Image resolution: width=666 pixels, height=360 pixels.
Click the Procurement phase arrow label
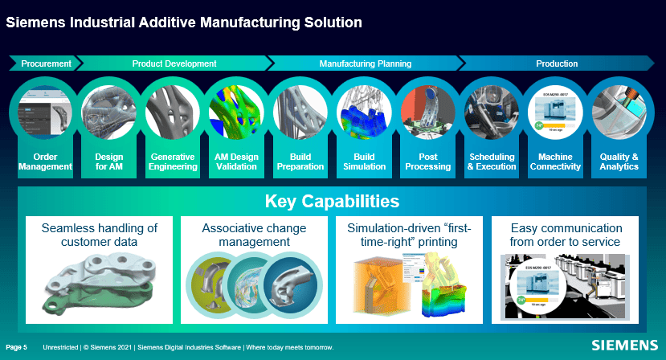pyautogui.click(x=46, y=63)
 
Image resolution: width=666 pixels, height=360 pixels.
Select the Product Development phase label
pyautogui.click(x=174, y=63)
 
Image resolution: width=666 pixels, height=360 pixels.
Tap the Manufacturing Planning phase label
pyautogui.click(x=365, y=63)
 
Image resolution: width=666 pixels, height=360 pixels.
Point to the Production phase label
pyautogui.click(x=557, y=63)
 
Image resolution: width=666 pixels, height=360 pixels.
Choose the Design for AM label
pyautogui.click(x=108, y=162)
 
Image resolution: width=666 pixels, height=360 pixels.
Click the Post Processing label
pyautogui.click(x=428, y=162)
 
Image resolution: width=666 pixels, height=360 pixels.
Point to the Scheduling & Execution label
pyautogui.click(x=492, y=162)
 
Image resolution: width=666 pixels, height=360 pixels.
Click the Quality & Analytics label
pyautogui.click(x=619, y=162)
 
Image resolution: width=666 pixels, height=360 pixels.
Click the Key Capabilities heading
pyautogui.click(x=332, y=201)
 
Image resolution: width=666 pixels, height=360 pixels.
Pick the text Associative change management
pyautogui.click(x=253, y=235)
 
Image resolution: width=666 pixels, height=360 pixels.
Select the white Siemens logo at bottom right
pyautogui.click(x=623, y=346)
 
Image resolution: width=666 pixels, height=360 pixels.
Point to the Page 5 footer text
pyautogui.click(x=17, y=347)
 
